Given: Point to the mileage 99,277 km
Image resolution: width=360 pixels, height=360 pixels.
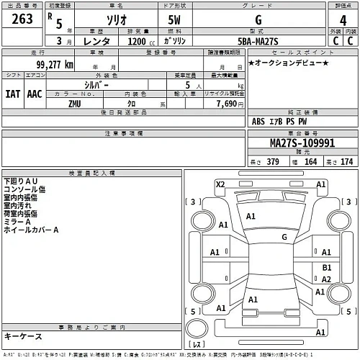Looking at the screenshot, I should click(48, 65).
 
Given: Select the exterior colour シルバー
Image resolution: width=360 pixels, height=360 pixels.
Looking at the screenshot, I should click(96, 85).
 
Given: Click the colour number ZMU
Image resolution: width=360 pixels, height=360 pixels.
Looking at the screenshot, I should click(75, 104).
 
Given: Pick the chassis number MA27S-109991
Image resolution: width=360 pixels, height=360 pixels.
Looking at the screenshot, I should click(302, 143).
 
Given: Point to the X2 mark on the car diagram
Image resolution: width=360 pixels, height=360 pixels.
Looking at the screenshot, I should click(220, 184).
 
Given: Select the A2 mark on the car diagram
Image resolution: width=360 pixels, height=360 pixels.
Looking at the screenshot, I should click(326, 279).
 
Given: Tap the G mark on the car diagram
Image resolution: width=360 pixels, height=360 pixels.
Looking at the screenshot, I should click(284, 236).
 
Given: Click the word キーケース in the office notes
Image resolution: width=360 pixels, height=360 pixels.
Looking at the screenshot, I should click(24, 336).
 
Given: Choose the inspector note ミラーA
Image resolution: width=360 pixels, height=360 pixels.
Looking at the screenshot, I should click(17, 222).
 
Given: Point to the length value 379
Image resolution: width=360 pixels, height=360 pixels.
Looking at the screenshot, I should click(272, 161).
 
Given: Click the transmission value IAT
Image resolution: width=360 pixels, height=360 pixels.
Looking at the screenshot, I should click(12, 94).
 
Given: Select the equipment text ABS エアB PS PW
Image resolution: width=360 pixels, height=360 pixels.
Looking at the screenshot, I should click(284, 122).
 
